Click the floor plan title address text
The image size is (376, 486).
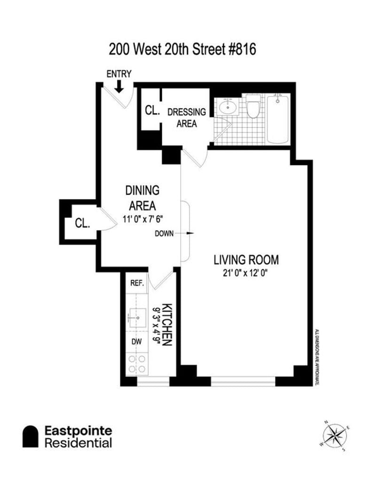(182, 49)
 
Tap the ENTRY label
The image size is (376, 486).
(119, 74)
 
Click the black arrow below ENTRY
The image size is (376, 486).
(119, 86)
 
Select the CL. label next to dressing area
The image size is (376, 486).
(152, 110)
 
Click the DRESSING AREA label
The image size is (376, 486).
(187, 118)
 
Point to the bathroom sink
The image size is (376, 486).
(227, 107)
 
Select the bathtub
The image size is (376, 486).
(279, 118)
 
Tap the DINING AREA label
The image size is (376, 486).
(142, 198)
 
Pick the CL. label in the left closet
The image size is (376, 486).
(83, 224)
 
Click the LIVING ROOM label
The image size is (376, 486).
(246, 259)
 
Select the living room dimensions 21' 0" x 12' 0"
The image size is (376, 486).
(246, 273)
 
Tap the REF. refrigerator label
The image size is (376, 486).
(137, 283)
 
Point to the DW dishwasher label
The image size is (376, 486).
(137, 342)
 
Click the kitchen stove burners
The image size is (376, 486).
(137, 363)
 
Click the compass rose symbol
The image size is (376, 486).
(335, 435)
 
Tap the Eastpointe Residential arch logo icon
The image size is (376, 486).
(31, 437)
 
